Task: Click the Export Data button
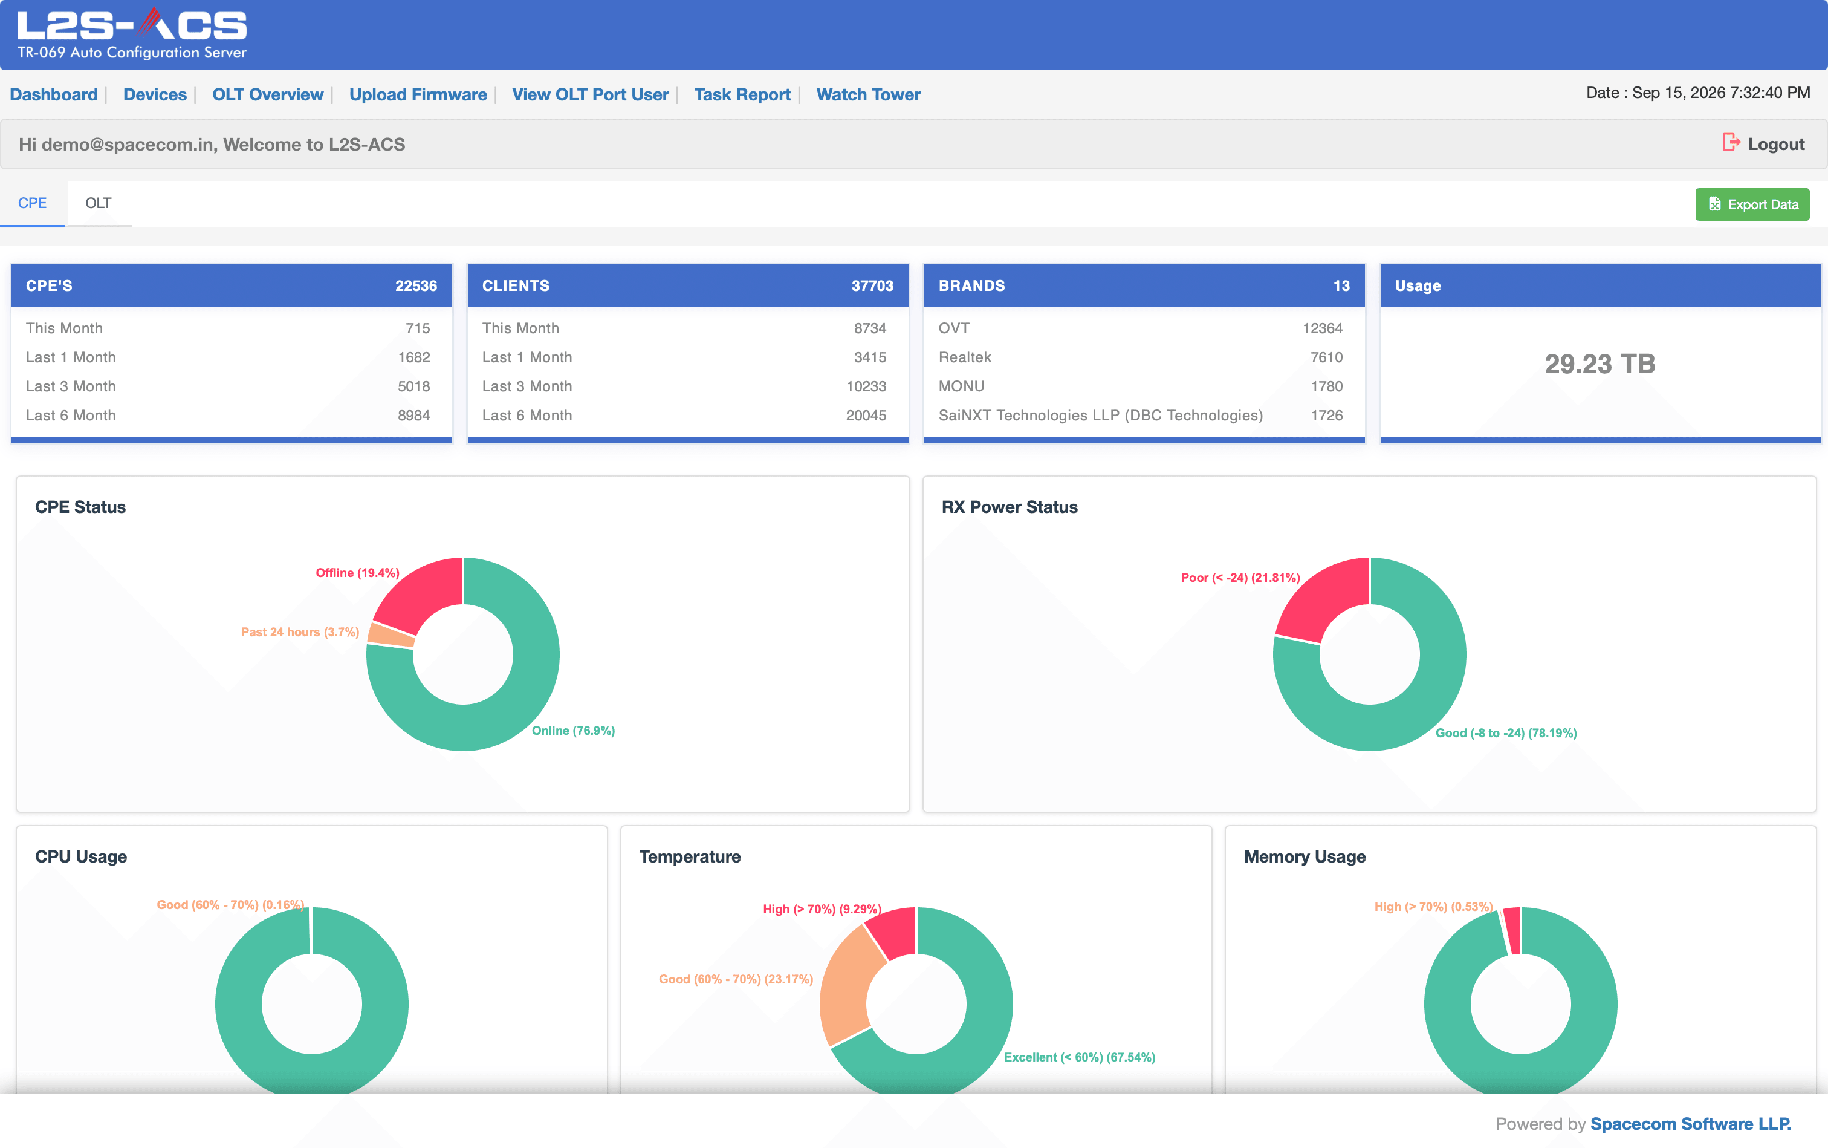point(1752,204)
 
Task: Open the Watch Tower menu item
point(868,94)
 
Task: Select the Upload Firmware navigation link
point(418,94)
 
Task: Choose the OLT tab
point(99,203)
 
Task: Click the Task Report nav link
point(742,94)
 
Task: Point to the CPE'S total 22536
point(416,285)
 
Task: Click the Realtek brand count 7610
point(1326,357)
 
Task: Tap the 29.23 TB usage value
point(1599,364)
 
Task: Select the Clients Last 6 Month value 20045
point(866,416)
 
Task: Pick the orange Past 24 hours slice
point(390,634)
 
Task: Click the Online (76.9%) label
point(573,731)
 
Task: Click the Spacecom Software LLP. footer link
point(1691,1124)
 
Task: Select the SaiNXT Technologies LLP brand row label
point(1100,416)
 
